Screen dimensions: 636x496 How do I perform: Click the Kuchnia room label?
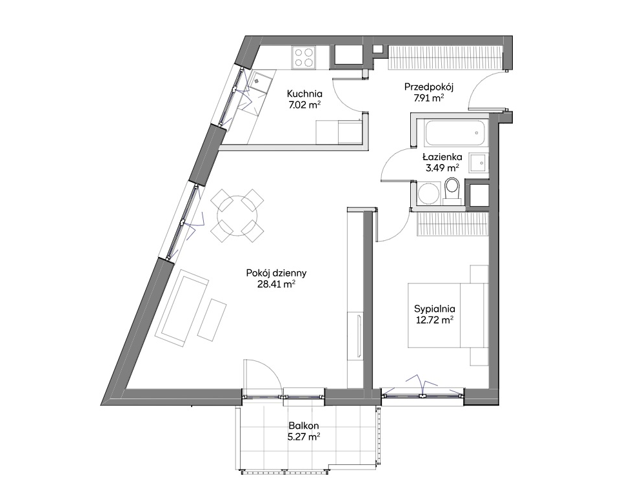tap(304, 94)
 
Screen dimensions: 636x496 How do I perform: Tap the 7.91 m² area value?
tap(428, 98)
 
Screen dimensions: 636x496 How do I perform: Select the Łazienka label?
tap(442, 156)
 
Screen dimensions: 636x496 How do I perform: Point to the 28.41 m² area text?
tap(276, 284)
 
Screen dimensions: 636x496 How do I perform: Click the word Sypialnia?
tap(434, 309)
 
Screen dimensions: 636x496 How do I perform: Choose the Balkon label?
tap(304, 426)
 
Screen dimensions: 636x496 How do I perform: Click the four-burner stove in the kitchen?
tap(304, 57)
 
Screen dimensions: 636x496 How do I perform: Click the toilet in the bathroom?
tap(452, 191)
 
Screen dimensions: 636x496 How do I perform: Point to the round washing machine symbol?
tap(428, 192)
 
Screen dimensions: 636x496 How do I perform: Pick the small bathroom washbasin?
tap(478, 163)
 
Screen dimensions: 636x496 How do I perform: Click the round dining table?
tap(237, 215)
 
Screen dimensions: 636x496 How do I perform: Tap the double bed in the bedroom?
tap(448, 315)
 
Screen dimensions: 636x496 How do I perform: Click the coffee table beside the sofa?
tap(212, 320)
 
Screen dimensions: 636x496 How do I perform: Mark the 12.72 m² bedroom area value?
tap(434, 320)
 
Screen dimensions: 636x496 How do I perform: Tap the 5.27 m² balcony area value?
tap(304, 437)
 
